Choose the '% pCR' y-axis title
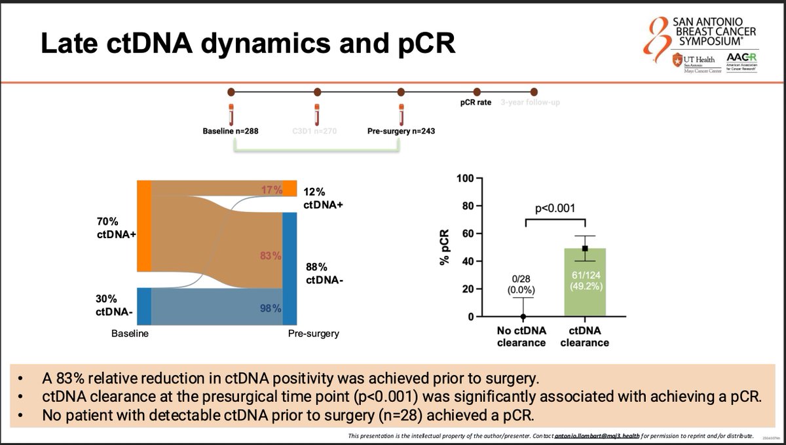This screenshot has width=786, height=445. (445, 247)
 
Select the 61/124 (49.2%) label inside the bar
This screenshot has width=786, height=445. (584, 281)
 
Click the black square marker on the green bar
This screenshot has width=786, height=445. (585, 249)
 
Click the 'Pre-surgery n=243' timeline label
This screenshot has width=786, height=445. (402, 131)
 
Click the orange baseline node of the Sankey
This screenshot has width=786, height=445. (144, 225)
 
